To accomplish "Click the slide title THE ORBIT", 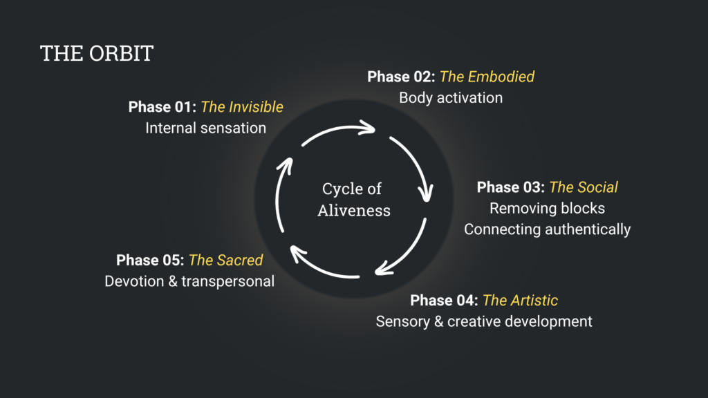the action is click(x=97, y=53).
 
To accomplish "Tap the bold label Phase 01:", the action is click(x=162, y=107).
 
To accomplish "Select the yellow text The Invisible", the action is click(x=242, y=107).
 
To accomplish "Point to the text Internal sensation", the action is click(x=206, y=128).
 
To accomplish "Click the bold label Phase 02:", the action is click(x=401, y=77).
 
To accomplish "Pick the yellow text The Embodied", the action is click(x=487, y=77).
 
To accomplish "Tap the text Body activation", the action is click(x=451, y=98).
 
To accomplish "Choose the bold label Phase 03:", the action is click(x=511, y=187).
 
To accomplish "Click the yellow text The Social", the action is click(x=584, y=187).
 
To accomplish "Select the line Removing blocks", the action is click(x=548, y=209).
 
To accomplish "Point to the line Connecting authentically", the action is click(x=548, y=229).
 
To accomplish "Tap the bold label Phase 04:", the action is click(x=444, y=301).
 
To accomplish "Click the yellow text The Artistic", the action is click(x=520, y=301).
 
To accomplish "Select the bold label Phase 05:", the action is click(x=150, y=260).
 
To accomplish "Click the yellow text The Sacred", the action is click(x=226, y=260).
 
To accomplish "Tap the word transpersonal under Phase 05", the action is click(x=228, y=282).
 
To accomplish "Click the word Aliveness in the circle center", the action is click(x=354, y=211).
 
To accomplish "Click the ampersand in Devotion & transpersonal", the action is click(x=173, y=282).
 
